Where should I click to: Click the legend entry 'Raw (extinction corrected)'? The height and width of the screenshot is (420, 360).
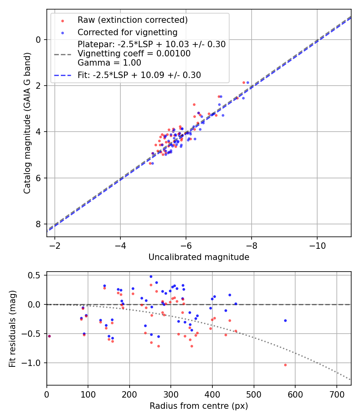(132, 20)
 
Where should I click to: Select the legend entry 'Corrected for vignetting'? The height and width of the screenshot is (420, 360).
(127, 32)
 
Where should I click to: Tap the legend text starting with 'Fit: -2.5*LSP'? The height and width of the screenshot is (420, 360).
(139, 75)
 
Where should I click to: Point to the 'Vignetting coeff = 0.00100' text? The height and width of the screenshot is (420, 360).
(134, 53)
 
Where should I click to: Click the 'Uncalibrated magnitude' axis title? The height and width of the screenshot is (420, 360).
(199, 257)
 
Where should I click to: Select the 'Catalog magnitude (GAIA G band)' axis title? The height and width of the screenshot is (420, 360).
(27, 123)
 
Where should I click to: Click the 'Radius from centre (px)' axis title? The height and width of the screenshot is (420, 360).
(199, 406)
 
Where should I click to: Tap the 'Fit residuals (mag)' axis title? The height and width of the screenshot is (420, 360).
(12, 328)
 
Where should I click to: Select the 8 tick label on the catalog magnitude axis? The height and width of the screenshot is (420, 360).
(39, 224)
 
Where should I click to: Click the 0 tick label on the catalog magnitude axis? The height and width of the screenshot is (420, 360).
(39, 40)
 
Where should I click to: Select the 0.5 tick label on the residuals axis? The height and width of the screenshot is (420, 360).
(35, 275)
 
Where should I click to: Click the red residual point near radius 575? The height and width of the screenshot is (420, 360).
(285, 365)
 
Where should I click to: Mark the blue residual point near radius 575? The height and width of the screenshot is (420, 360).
(285, 320)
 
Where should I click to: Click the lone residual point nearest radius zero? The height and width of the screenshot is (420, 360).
(49, 336)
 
